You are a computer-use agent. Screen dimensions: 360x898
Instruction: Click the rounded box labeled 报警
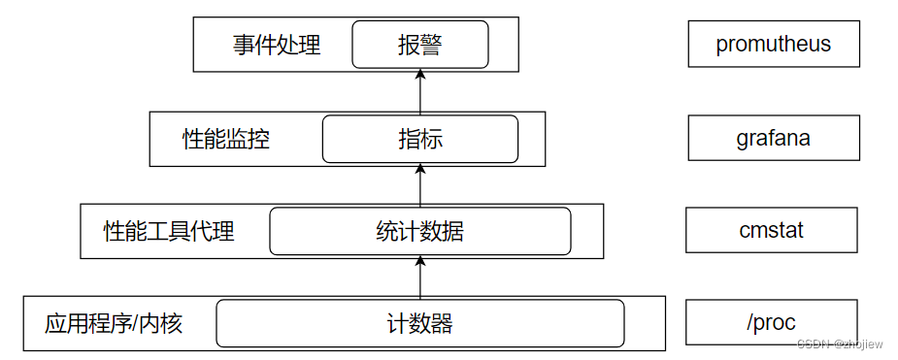pos(419,45)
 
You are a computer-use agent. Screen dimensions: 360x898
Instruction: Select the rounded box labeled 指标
pos(419,139)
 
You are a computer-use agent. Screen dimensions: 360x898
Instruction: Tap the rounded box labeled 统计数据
pos(419,231)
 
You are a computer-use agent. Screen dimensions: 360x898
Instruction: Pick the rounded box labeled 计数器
pos(419,323)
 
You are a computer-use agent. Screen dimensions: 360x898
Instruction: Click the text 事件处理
pos(276,45)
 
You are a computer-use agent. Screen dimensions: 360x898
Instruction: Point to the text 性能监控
pos(226,139)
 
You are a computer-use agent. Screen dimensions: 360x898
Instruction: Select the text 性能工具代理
pos(169,231)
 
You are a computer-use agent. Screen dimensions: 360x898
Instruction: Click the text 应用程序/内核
pos(114,323)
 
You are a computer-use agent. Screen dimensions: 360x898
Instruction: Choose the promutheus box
pos(774,45)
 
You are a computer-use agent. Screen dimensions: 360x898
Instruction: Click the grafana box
pos(774,138)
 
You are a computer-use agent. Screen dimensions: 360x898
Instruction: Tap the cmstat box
pos(772,230)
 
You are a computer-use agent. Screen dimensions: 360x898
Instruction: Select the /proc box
pos(772,322)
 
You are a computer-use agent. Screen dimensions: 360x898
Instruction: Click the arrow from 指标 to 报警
pos(419,93)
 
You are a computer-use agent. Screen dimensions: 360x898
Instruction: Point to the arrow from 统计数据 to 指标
pos(419,184)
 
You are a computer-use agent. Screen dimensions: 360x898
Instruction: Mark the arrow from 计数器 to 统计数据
pos(419,277)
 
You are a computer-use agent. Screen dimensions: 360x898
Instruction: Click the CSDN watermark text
pos(840,344)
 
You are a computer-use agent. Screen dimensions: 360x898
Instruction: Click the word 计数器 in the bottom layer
pos(419,323)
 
